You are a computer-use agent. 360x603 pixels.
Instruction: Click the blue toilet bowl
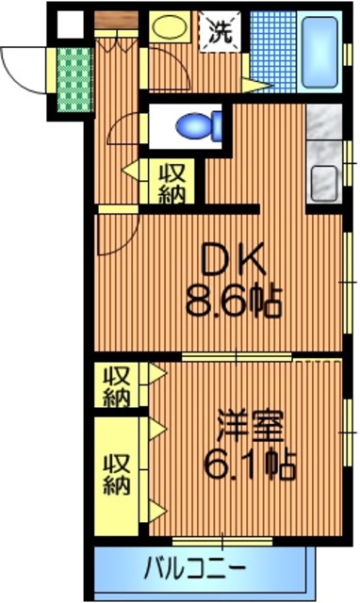point(201,123)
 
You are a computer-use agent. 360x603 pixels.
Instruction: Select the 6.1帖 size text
point(250,464)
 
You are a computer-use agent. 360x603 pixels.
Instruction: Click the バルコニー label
point(195,570)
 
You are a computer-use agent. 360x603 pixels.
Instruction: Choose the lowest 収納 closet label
point(117,476)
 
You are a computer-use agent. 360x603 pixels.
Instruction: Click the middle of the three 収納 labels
point(116,386)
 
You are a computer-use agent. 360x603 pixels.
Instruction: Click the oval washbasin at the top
point(171,27)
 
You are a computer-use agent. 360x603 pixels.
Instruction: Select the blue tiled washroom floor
point(274,57)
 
